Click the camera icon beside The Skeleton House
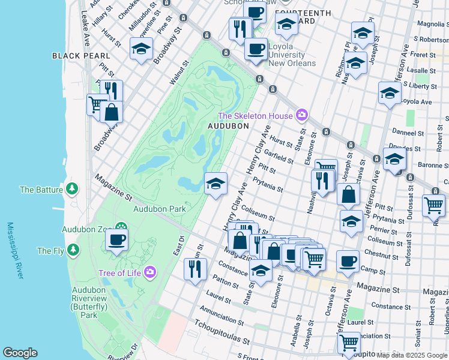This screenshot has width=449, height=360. coord(301,115)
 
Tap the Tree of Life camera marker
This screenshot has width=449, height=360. coord(150,272)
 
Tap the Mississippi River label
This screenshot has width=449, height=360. coord(14,251)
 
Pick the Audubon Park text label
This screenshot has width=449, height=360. coord(160,209)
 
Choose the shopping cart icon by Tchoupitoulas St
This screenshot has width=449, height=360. coord(349,343)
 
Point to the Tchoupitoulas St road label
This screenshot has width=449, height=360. coord(221,335)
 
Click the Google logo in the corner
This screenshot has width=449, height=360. coord(20,353)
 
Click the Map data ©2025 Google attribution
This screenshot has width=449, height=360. coord(411,355)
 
